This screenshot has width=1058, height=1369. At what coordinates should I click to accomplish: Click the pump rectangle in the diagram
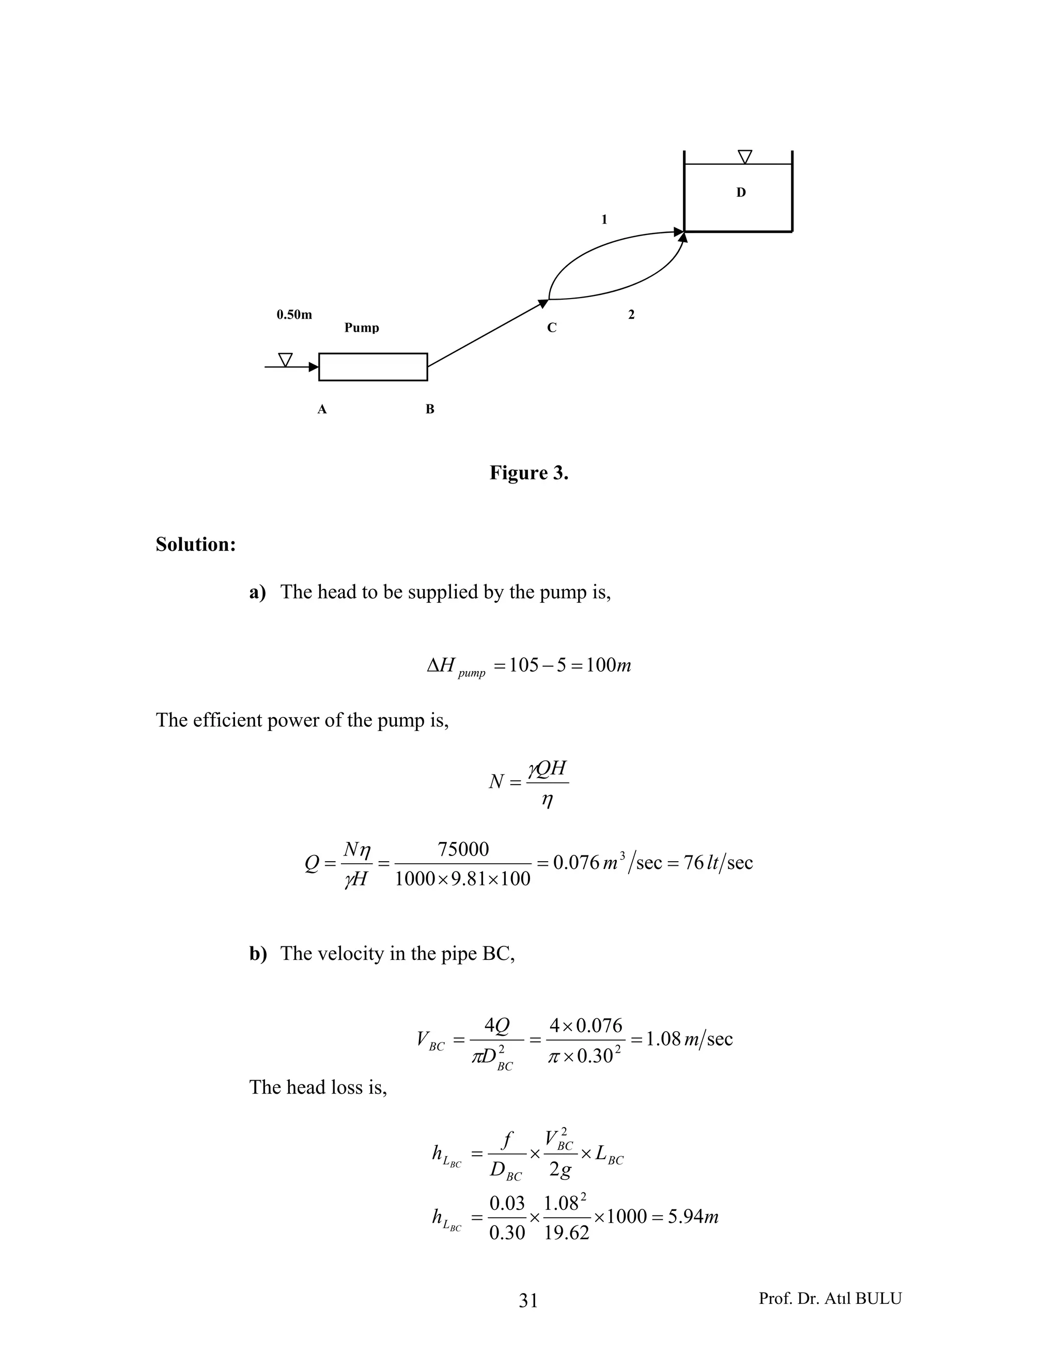pyautogui.click(x=373, y=367)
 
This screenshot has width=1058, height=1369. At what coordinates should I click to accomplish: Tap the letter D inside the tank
pyautogui.click(x=741, y=193)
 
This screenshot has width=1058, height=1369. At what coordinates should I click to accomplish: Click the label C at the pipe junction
pyautogui.click(x=552, y=328)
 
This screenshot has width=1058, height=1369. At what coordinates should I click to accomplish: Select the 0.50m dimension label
pyautogui.click(x=294, y=315)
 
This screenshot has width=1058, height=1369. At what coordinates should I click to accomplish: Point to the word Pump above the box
pyautogui.click(x=362, y=328)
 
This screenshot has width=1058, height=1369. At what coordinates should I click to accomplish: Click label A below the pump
pyautogui.click(x=322, y=409)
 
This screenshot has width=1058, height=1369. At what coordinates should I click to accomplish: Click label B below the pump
pyautogui.click(x=430, y=409)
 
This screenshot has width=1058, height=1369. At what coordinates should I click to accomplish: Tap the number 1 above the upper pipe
pyautogui.click(x=604, y=220)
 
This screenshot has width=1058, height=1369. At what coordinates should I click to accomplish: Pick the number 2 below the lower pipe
pyautogui.click(x=631, y=315)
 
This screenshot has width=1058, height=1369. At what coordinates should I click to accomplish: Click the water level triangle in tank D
pyautogui.click(x=744, y=157)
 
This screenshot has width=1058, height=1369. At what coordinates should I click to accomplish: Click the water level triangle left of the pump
pyautogui.click(x=285, y=360)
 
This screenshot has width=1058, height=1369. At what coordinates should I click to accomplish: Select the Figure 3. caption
pyautogui.click(x=529, y=473)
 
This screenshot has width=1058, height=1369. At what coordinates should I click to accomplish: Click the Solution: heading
pyautogui.click(x=196, y=544)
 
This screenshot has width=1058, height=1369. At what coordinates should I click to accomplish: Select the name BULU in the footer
pyautogui.click(x=878, y=1298)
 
